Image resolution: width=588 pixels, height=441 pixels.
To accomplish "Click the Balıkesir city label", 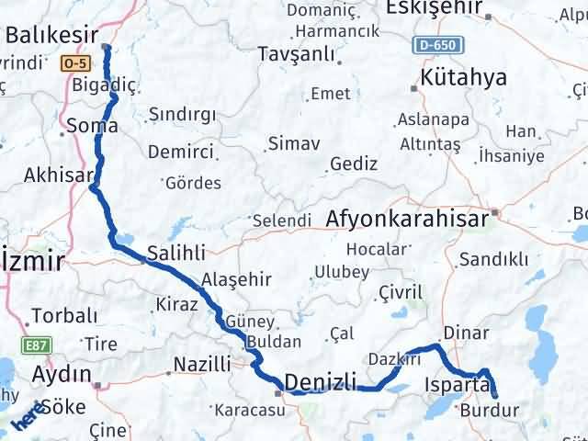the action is pyautogui.click(x=51, y=35).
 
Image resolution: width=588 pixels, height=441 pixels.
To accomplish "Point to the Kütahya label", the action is pyautogui.click(x=464, y=77).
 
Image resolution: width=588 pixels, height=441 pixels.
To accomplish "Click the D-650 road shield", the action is pyautogui.click(x=435, y=45).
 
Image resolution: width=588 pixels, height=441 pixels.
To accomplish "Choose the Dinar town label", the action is pyautogui.click(x=459, y=332).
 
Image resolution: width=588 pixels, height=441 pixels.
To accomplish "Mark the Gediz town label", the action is pyautogui.click(x=354, y=164).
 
